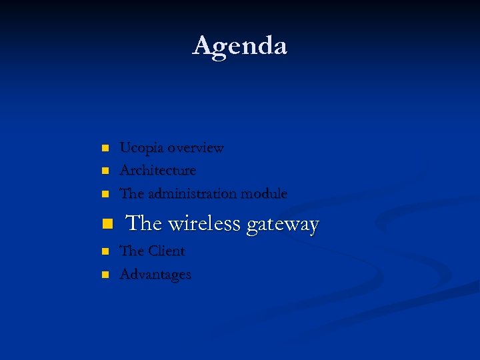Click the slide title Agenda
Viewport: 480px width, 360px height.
[x=240, y=46]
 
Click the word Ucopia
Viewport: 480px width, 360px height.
[x=141, y=148]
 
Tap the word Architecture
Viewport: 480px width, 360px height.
[x=157, y=171]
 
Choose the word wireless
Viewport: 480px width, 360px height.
[x=204, y=224]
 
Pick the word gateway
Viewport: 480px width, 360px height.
[x=283, y=225]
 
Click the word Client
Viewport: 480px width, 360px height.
[x=166, y=251]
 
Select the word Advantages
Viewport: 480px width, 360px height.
[x=155, y=275]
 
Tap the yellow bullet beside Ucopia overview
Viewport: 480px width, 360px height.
[x=103, y=148]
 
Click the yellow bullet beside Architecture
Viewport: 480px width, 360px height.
[x=103, y=171]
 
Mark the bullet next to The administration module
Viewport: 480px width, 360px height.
[x=103, y=195]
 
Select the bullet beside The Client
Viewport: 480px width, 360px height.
[x=103, y=252]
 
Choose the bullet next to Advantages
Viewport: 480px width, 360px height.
[x=103, y=275]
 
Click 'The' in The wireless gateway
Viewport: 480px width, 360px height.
[x=143, y=224]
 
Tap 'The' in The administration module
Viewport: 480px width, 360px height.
[x=131, y=194]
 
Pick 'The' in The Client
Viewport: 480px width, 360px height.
[x=131, y=251]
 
